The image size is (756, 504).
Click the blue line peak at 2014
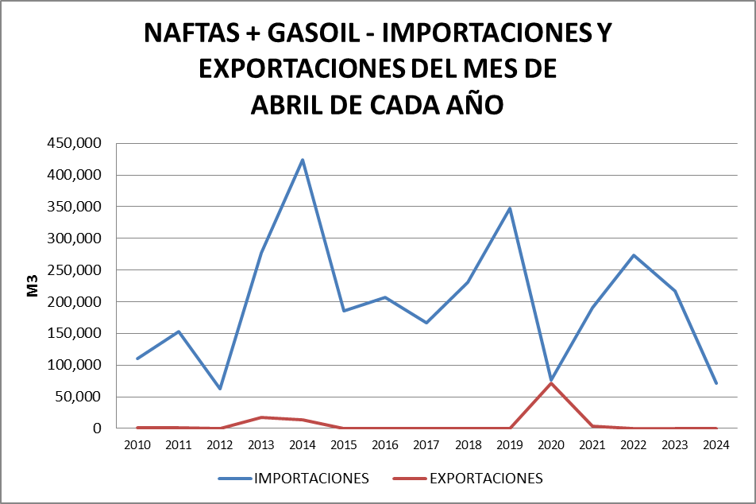(x=303, y=160)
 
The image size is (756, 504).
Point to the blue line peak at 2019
(x=509, y=208)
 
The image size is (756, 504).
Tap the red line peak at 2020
(x=550, y=383)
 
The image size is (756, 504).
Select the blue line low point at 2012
(x=220, y=389)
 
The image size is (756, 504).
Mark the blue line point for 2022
(x=633, y=255)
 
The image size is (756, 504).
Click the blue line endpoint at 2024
(x=716, y=383)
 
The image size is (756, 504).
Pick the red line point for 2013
(x=261, y=417)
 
